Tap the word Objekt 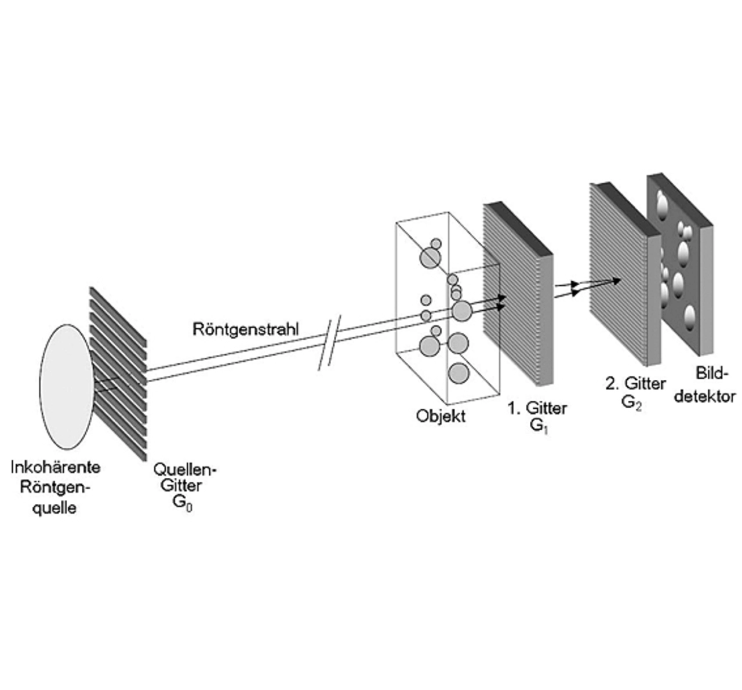coord(441,416)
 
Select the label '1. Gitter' coord(537,408)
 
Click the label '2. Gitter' coord(635,383)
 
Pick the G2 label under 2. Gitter coord(631,402)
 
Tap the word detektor coord(706,397)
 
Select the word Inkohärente coord(55,467)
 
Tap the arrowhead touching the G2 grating coord(615,281)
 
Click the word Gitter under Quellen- coord(180,485)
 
